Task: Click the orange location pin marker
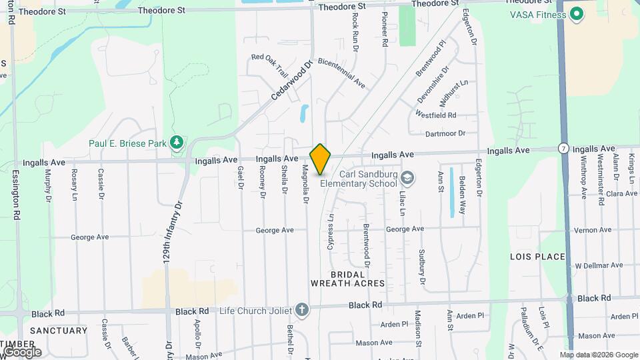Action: (x=321, y=159)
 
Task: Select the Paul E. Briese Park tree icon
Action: (x=176, y=142)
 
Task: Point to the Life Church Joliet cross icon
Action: (x=302, y=310)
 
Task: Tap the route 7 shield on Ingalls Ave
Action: (x=564, y=148)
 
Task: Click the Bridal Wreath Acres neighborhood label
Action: (x=347, y=279)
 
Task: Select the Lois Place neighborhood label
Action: (x=537, y=257)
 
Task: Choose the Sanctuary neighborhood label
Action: (x=58, y=331)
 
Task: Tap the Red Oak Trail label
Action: (x=269, y=57)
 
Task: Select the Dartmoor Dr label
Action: (x=445, y=133)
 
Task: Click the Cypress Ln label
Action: (x=331, y=232)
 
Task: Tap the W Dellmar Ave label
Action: (x=599, y=265)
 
